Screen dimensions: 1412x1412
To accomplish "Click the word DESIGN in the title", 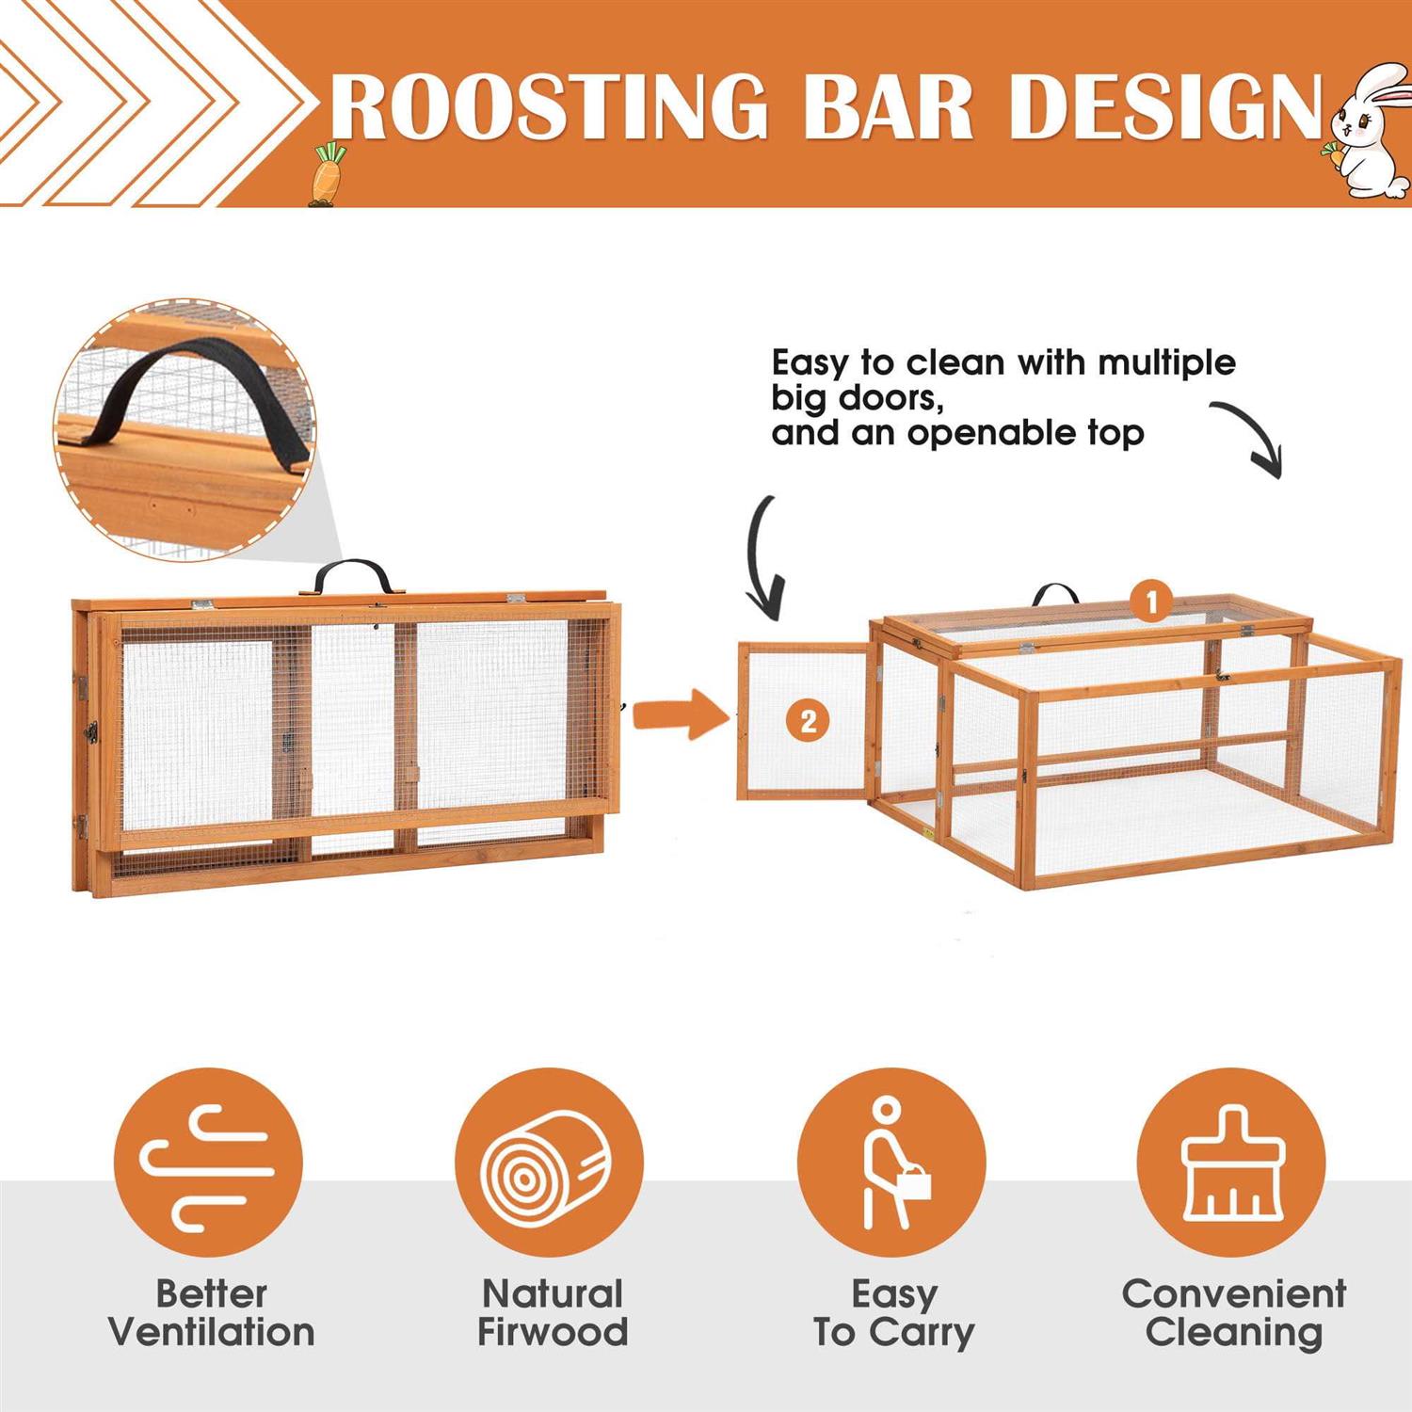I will (x=1166, y=105).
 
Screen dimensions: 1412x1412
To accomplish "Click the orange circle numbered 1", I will (x=1151, y=602).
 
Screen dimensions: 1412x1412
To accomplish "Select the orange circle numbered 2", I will (x=808, y=721).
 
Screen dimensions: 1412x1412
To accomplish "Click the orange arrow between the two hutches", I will (x=680, y=714).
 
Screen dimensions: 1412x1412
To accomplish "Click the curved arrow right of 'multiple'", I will (x=1252, y=436).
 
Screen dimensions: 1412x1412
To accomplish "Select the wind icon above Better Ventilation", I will (x=208, y=1167).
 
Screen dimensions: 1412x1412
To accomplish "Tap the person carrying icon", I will (x=891, y=1163).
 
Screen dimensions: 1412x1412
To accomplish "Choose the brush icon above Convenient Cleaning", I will (x=1231, y=1163).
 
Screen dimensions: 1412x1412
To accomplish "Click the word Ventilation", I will (x=212, y=1333).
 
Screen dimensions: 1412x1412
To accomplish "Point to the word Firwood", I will (x=553, y=1333).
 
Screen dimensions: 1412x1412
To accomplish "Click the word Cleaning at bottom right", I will (x=1234, y=1333).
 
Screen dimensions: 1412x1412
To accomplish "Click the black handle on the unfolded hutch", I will (x=1055, y=594).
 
